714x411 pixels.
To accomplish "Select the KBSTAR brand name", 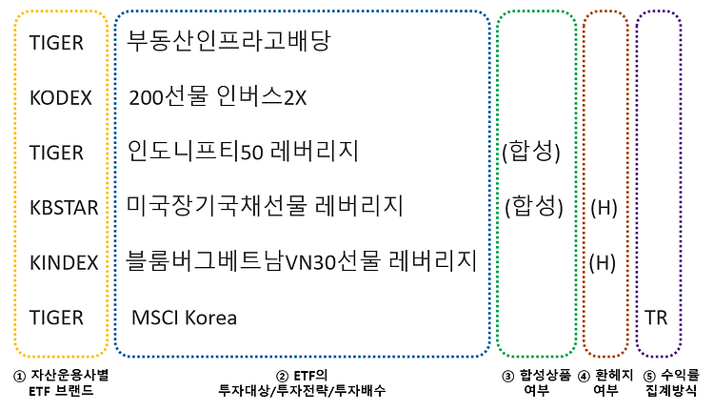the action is click(x=64, y=207).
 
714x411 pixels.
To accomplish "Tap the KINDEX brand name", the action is click(x=64, y=262).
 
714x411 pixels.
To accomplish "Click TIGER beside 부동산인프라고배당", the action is click(x=56, y=43).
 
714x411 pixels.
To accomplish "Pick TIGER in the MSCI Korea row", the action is click(x=56, y=317).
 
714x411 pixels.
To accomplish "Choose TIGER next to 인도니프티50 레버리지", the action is click(x=56, y=153).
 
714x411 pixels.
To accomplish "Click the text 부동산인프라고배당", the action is click(x=228, y=41).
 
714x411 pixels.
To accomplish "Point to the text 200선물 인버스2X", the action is click(x=220, y=97).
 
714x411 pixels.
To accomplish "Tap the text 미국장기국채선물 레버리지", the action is click(x=266, y=206).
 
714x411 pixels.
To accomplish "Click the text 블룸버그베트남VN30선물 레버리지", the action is click(x=301, y=261).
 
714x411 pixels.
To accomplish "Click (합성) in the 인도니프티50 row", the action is click(x=531, y=152).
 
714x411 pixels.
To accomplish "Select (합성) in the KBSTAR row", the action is click(x=531, y=206).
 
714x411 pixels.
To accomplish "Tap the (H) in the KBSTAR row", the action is click(x=605, y=207).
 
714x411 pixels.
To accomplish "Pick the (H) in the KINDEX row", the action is click(x=605, y=262).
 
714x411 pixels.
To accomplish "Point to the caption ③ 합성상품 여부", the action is click(x=536, y=382).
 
